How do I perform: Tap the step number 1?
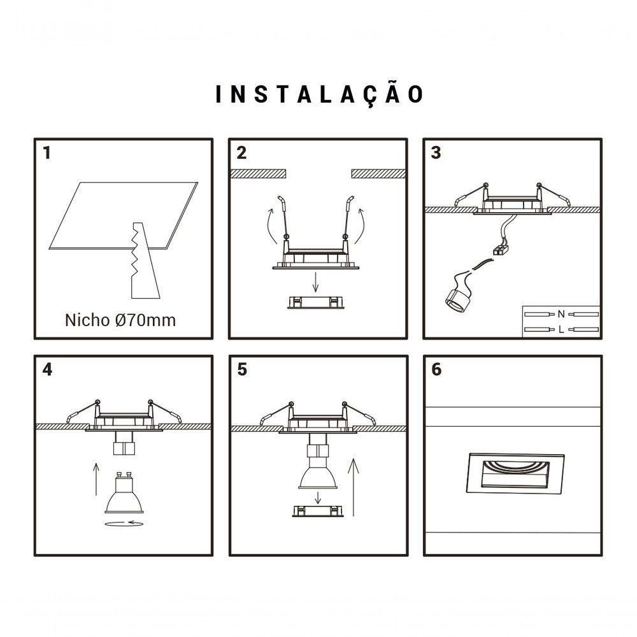point(46,154)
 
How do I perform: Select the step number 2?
point(241,154)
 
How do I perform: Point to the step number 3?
point(436,154)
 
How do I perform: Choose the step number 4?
point(46,370)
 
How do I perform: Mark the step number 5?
point(241,370)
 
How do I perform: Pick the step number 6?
point(436,370)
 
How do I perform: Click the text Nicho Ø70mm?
point(120,320)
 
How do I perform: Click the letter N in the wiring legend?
point(561,313)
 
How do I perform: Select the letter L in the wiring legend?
point(561,329)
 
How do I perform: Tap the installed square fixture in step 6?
point(515,473)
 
